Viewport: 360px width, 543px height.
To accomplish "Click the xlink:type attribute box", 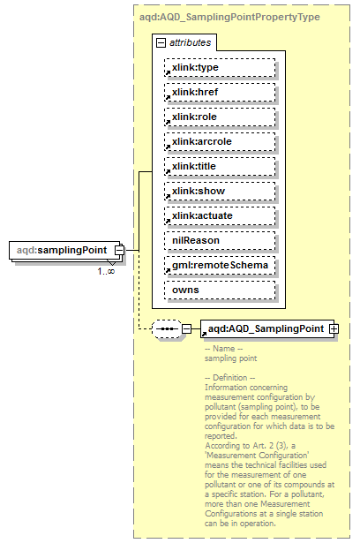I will [x=219, y=67].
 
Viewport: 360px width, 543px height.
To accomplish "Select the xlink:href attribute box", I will [x=219, y=92].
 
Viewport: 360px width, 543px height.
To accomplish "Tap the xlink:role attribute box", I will [x=219, y=117].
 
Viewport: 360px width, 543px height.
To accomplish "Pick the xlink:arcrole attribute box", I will [x=219, y=141].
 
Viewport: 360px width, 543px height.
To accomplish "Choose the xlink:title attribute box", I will [x=219, y=166].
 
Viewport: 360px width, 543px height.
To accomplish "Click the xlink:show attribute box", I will [x=219, y=191].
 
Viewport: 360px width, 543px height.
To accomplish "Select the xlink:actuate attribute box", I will [x=219, y=215].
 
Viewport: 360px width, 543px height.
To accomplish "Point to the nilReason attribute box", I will [x=219, y=240].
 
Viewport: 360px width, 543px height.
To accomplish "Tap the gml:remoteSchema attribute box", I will [x=219, y=265].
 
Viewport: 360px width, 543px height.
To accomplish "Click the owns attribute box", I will [x=219, y=290].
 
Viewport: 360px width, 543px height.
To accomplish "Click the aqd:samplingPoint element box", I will [x=61, y=251].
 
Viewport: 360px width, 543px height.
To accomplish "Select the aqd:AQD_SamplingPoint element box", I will [x=264, y=328].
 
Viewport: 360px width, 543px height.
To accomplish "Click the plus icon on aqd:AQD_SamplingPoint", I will [x=334, y=328].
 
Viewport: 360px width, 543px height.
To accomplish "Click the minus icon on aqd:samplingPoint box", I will [x=117, y=251].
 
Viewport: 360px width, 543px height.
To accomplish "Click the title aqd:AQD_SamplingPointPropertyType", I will [x=229, y=17].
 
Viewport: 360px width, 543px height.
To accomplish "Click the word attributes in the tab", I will [x=188, y=41].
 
